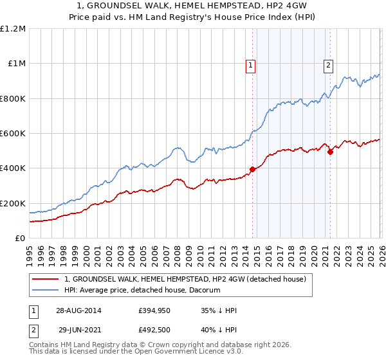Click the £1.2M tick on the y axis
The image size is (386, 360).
13,28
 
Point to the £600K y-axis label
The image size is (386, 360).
13,134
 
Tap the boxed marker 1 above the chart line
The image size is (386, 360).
250,64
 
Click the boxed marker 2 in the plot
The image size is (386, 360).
328,64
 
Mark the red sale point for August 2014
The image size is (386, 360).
252,170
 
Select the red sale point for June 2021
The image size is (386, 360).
330,152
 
